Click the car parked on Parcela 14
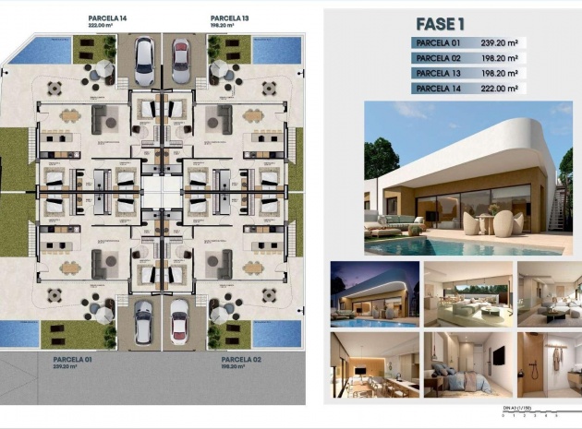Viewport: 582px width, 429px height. pyautogui.click(x=144, y=61)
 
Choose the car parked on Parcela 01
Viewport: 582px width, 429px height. pyautogui.click(x=144, y=322)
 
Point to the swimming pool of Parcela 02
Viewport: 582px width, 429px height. pyautogui.click(x=278, y=333)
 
